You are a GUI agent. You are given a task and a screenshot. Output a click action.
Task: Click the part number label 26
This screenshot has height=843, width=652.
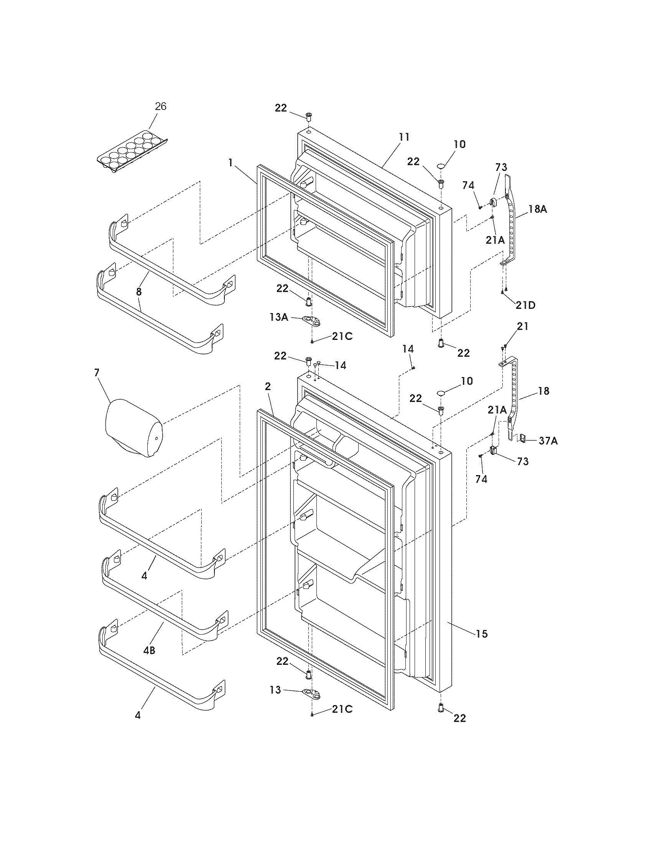pyautogui.click(x=161, y=107)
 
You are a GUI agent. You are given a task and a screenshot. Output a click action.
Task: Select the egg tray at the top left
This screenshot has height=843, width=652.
pyautogui.click(x=132, y=152)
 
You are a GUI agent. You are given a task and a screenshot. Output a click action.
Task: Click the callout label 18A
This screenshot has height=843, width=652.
pyautogui.click(x=537, y=210)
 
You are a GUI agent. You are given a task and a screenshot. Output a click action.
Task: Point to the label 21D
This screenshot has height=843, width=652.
pyautogui.click(x=526, y=305)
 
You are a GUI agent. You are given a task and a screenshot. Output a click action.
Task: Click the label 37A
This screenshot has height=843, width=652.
pyautogui.click(x=548, y=440)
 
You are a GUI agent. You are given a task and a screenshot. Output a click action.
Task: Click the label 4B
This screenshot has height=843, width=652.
pyautogui.click(x=149, y=650)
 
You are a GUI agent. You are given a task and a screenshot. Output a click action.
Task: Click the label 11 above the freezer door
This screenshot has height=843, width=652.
pyautogui.click(x=404, y=137)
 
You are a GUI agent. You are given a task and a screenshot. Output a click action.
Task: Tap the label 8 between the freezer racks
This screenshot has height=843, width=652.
pyautogui.click(x=139, y=292)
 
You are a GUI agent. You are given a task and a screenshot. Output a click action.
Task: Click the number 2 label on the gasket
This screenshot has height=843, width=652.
pyautogui.click(x=268, y=387)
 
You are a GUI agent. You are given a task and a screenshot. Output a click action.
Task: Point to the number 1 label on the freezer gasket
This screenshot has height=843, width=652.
pyautogui.click(x=230, y=163)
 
